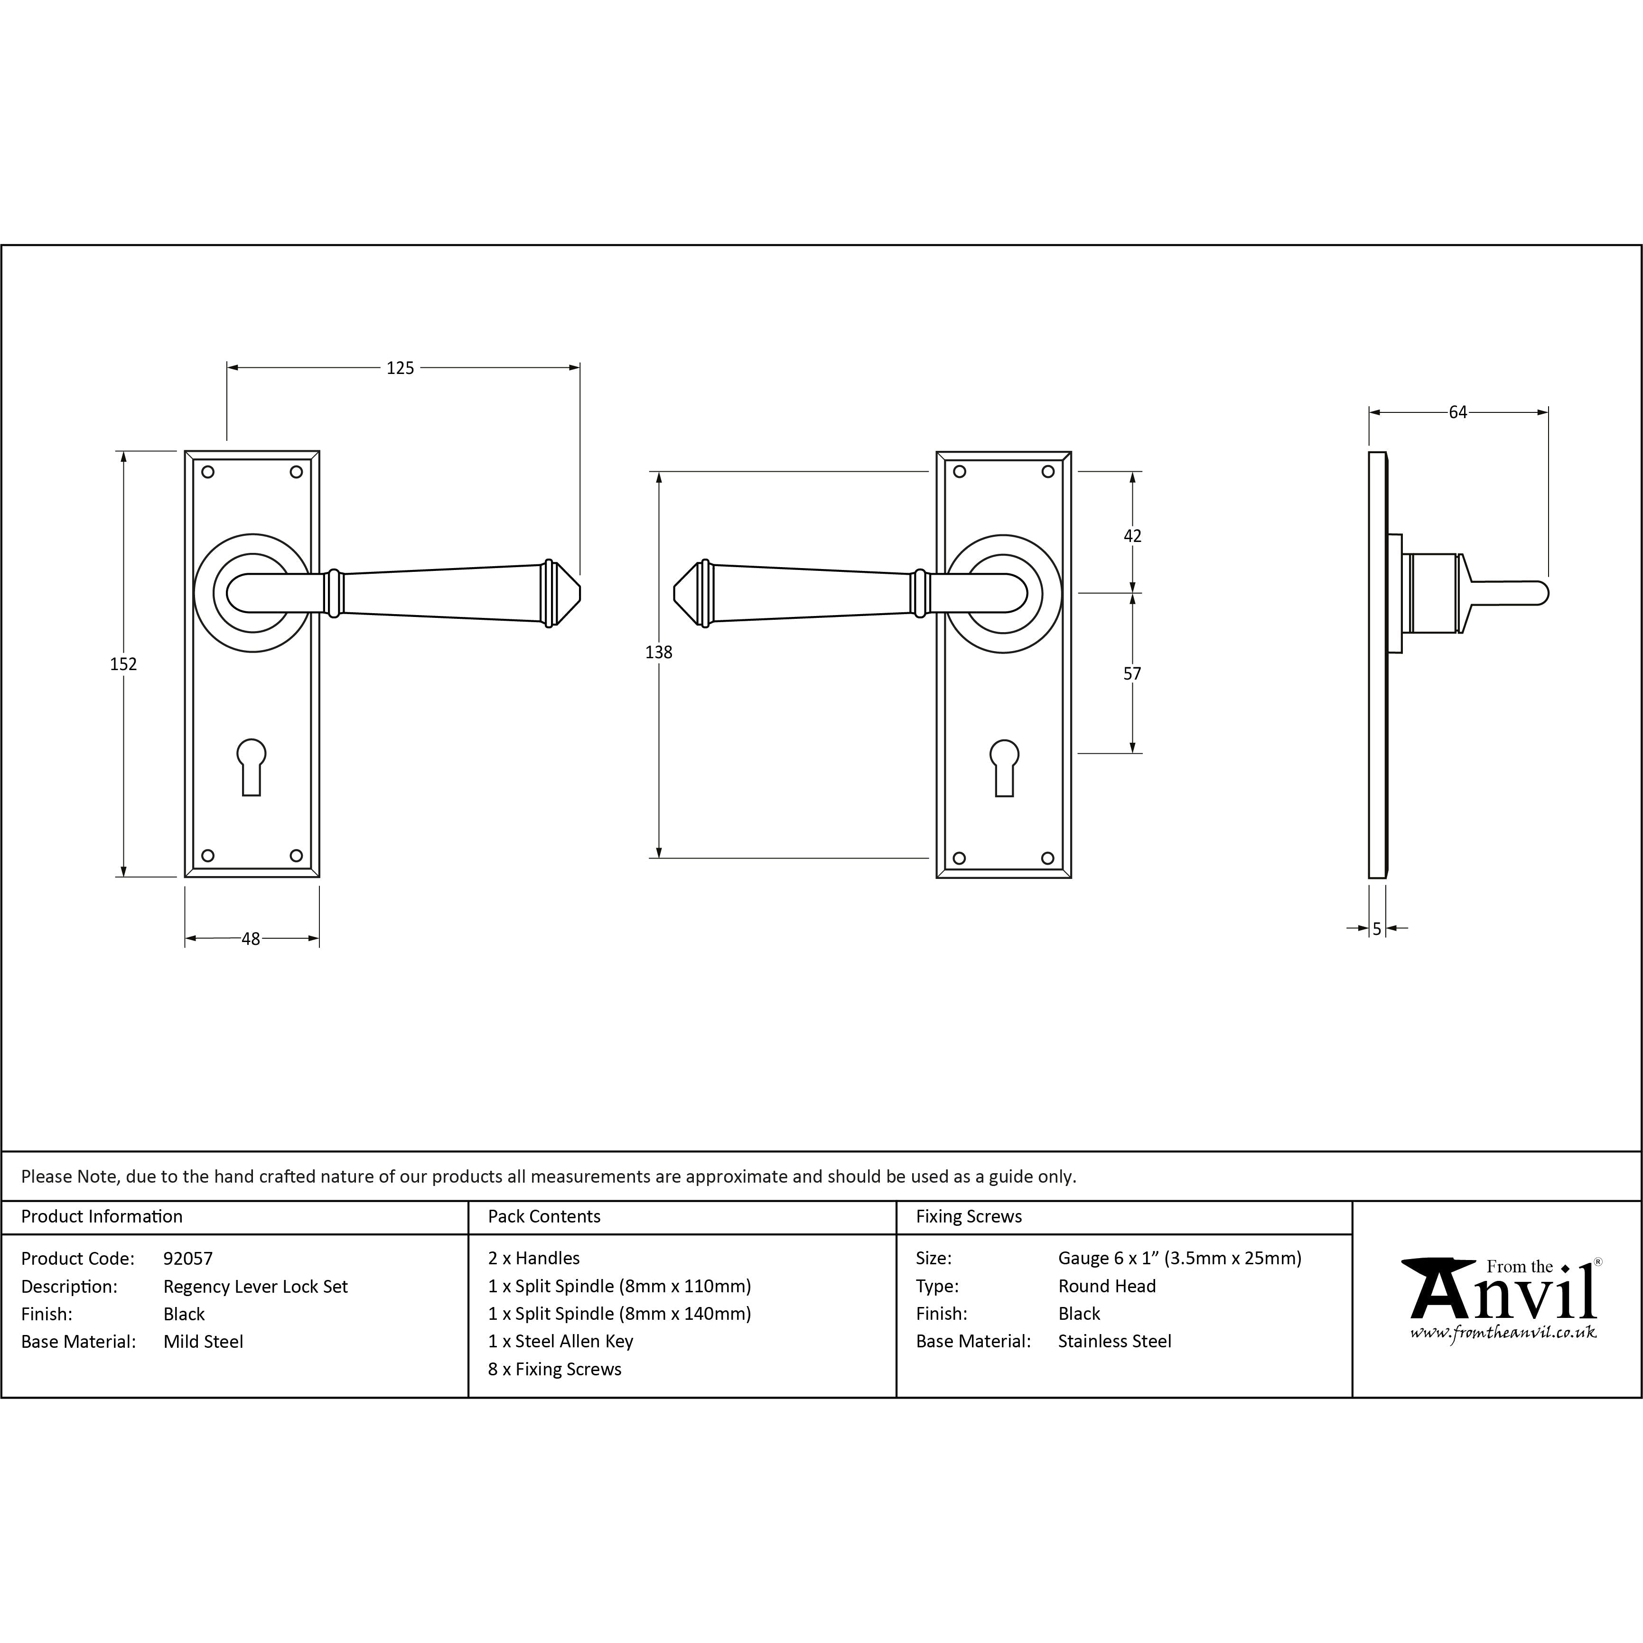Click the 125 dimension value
pos(400,368)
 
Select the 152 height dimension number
pos(123,664)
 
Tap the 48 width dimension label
pos(251,939)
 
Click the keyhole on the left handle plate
pos(252,767)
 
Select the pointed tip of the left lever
pos(581,594)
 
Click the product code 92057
pos(188,1259)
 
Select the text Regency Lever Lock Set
pos(256,1287)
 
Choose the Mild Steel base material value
pos(203,1342)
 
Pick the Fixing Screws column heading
pos(969,1217)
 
